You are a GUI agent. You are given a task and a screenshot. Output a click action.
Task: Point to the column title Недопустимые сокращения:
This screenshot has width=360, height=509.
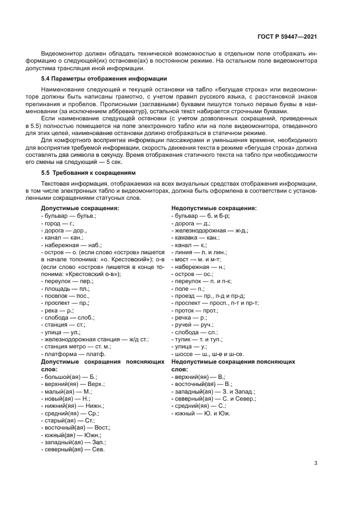click(x=214, y=208)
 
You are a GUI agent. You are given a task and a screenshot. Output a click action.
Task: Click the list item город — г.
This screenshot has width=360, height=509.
click(x=58, y=223)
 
